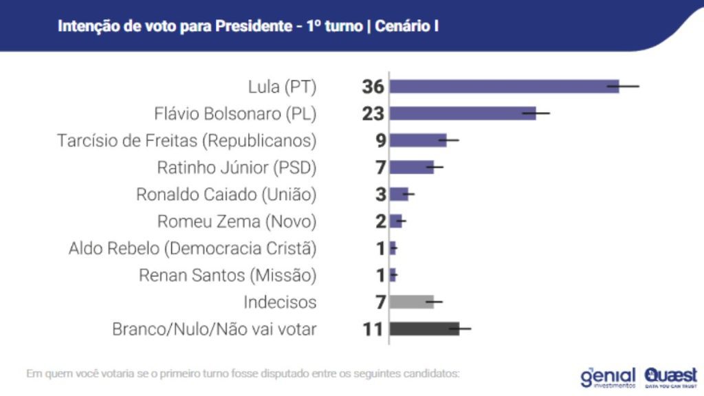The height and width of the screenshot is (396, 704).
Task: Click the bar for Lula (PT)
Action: point(504,87)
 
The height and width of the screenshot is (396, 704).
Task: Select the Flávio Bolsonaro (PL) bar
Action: point(463,113)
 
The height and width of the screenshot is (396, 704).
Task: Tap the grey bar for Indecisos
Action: point(411,302)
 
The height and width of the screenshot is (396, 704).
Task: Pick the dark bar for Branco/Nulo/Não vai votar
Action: point(424,329)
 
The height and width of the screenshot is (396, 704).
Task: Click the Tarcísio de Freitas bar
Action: point(418,140)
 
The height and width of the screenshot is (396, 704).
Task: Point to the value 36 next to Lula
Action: point(373,87)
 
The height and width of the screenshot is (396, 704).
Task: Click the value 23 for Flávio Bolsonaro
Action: point(373,113)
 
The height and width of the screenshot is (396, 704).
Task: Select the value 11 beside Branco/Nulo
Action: point(373,329)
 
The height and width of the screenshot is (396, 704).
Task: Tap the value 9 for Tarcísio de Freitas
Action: point(380,140)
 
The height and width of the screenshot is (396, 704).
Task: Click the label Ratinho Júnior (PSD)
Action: point(236,167)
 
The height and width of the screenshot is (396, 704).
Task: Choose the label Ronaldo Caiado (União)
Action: point(226,195)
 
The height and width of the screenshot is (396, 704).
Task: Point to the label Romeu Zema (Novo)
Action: point(236,221)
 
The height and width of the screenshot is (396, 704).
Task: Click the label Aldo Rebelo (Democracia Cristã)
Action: point(192,248)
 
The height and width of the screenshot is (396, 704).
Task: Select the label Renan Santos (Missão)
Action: point(228,275)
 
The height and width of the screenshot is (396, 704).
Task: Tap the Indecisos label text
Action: point(280,302)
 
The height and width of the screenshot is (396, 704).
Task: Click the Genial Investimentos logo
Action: point(608,376)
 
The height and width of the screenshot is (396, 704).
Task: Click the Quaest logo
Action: point(671,375)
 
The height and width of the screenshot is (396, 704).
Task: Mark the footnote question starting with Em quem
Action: point(242,374)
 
